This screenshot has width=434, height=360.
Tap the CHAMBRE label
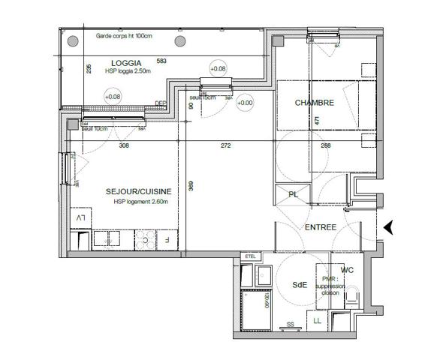pos(314,103)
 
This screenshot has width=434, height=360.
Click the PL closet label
pos(293,195)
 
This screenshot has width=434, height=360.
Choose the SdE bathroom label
pos(300,284)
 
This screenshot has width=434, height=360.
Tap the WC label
pos(347,270)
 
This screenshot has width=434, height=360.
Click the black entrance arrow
pos(388,227)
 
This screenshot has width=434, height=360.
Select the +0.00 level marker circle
pos(245,103)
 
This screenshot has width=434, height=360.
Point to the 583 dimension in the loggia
pos(161,61)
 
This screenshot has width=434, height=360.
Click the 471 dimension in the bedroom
pos(318,120)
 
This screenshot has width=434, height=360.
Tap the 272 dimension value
pos(225,145)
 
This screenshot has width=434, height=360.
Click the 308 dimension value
pos(124,145)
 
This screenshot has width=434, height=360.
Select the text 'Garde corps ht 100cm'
pos(124,37)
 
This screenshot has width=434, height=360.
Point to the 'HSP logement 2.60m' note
pos(141,202)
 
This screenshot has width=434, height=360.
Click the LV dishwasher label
pos(80,217)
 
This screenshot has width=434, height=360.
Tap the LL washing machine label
pos(318,321)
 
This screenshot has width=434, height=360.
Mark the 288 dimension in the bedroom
pos(326,145)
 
